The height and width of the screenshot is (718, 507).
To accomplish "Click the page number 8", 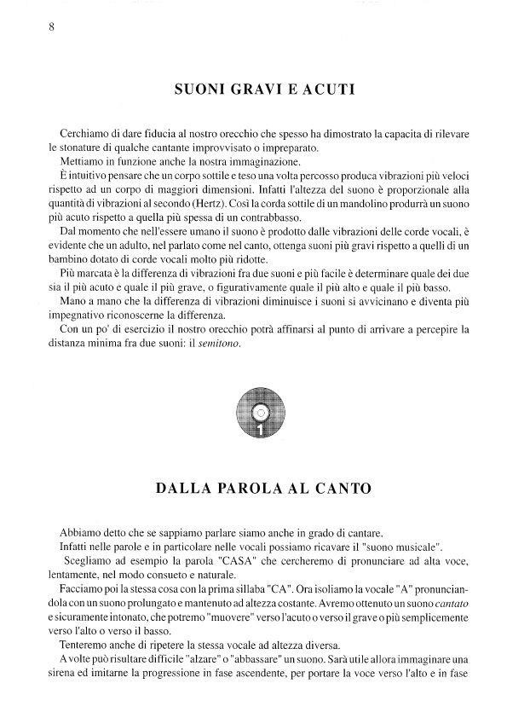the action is tap(52, 26).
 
